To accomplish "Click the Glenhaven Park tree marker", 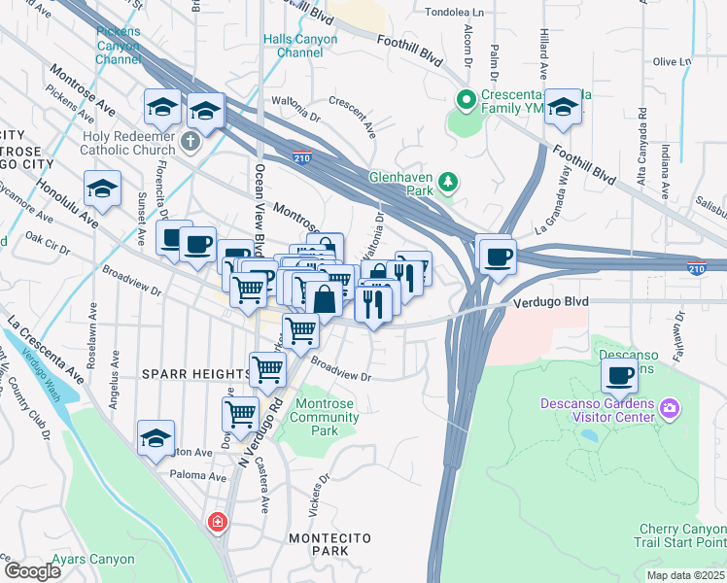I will click(448, 181).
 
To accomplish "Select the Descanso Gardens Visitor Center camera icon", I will click(669, 406).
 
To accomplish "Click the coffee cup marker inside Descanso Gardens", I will click(619, 374).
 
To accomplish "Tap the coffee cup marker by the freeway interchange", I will click(498, 257).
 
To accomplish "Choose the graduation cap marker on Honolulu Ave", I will click(102, 190).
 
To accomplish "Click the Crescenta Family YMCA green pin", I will click(466, 99).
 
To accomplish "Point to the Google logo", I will click(32, 571).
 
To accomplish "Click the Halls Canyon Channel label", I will click(300, 46).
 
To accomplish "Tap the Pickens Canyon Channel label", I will click(118, 46).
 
